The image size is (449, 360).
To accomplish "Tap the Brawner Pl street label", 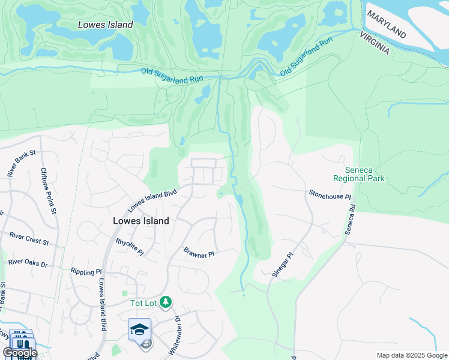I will [199, 254].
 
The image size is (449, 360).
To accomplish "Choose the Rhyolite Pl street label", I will [130, 246].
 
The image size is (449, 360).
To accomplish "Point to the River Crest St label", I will [29, 241].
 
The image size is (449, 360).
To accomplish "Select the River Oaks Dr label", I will [28, 262].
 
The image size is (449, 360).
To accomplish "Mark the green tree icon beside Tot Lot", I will [169, 302].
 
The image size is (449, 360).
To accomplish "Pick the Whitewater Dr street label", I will [178, 329].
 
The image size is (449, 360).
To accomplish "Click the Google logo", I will [20, 353].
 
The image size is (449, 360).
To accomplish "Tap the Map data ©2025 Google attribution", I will [411, 355].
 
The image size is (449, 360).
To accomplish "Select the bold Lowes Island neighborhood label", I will [141, 220].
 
